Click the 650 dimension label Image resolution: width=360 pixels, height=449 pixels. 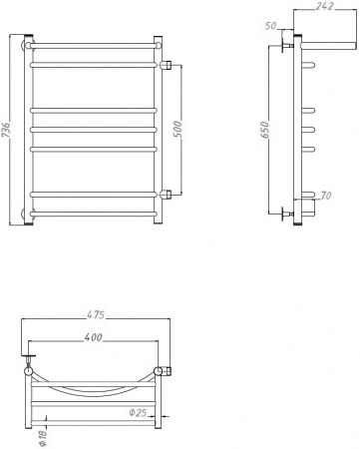[x=265, y=130]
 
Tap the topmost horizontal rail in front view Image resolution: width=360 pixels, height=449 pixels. [x=95, y=45]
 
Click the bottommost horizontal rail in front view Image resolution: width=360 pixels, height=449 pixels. [x=95, y=214]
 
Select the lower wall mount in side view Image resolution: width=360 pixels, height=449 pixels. [x=290, y=212]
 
